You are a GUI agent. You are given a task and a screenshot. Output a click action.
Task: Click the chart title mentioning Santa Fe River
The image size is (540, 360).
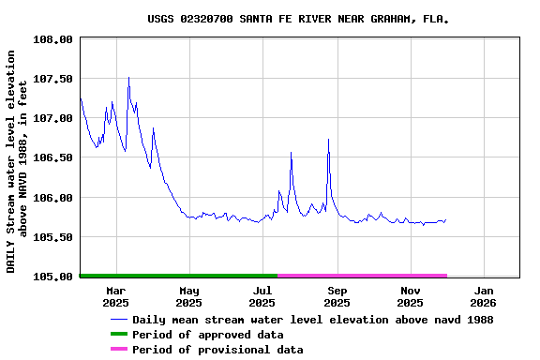[297, 19]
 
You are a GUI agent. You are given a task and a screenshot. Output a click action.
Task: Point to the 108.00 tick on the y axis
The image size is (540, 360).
[52, 39]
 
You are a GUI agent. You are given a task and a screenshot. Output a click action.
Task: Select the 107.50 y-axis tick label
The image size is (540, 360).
[52, 79]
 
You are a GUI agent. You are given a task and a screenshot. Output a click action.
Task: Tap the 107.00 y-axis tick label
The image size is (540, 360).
[52, 118]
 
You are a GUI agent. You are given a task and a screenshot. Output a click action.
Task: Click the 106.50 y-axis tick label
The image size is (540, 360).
[52, 158]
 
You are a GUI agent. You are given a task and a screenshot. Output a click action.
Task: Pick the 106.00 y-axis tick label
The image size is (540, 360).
[52, 198]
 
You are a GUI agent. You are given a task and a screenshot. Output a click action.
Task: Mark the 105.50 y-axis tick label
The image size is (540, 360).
[52, 237]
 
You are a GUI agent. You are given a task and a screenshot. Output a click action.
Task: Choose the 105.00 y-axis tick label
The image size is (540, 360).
[52, 277]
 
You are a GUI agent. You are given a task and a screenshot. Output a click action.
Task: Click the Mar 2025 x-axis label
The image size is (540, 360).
[115, 296]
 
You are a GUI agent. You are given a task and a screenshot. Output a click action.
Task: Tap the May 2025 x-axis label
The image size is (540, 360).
[188, 296]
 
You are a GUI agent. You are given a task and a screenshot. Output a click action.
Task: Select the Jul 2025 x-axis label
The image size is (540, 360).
[262, 296]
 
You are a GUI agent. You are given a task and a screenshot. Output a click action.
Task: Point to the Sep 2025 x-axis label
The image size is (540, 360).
[337, 296]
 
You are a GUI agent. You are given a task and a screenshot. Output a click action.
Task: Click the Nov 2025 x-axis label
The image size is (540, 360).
[410, 296]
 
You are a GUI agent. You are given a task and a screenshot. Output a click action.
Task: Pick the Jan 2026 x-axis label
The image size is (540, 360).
[483, 296]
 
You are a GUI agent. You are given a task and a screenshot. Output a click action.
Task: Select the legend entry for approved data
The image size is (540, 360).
[206, 335]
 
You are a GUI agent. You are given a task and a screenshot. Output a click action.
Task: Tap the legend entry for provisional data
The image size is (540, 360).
[217, 350]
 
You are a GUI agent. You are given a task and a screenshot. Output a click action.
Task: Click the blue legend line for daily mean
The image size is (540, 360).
[118, 320]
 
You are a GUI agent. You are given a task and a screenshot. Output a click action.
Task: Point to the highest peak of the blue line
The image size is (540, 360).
[128, 78]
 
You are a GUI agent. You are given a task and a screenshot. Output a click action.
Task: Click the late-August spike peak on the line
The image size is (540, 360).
[328, 139]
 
